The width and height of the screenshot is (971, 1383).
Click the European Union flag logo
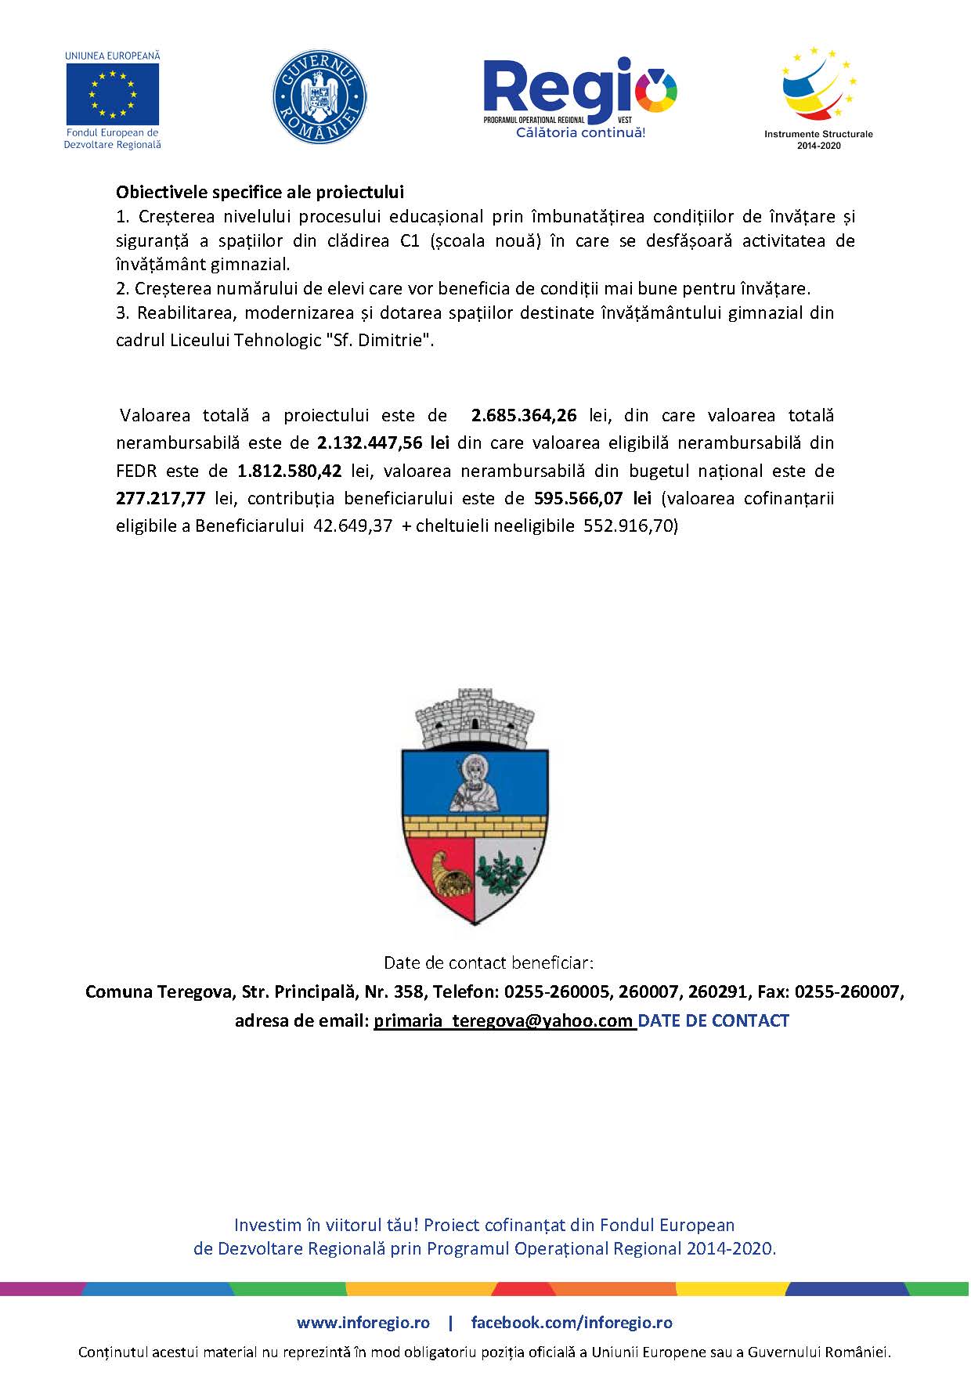click(112, 94)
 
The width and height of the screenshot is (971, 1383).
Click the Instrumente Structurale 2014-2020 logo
click(818, 97)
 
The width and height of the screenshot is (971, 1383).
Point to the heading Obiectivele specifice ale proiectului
click(260, 192)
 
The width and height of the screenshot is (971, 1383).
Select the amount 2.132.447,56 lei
click(383, 443)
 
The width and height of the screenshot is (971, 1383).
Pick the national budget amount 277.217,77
click(161, 499)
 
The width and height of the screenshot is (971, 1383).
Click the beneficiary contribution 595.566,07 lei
click(593, 499)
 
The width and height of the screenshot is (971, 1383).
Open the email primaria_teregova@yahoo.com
click(504, 1021)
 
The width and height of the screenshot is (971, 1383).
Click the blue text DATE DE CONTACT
click(713, 1021)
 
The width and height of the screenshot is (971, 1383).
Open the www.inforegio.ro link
click(363, 1323)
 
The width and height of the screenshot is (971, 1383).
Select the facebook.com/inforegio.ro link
click(572, 1323)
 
